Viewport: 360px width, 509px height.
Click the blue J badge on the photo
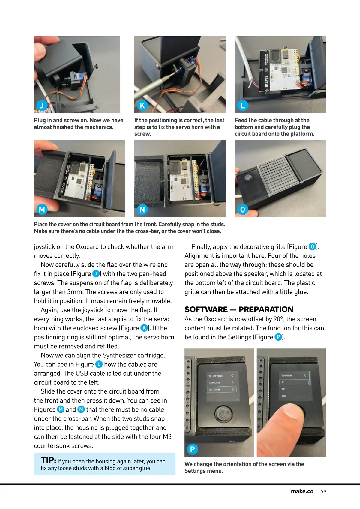pyautogui.click(x=42, y=106)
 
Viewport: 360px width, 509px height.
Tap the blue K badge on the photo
pyautogui.click(x=142, y=106)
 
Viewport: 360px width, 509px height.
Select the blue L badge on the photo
pyautogui.click(x=243, y=106)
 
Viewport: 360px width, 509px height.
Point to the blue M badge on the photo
pyautogui.click(x=42, y=209)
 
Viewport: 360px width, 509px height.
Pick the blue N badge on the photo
pyautogui.click(x=142, y=209)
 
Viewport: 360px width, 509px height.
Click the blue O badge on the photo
pyautogui.click(x=243, y=209)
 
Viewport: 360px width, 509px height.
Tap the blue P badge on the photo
pyautogui.click(x=192, y=449)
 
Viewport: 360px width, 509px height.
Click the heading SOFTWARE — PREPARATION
pyautogui.click(x=239, y=309)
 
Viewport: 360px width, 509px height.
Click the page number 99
pyautogui.click(x=324, y=491)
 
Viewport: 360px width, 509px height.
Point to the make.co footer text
pyautogui.click(x=302, y=491)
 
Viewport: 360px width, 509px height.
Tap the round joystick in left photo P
pyautogui.click(x=223, y=413)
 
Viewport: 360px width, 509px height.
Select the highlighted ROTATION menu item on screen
pyautogui.click(x=221, y=389)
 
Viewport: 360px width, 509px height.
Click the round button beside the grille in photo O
pyautogui.click(x=248, y=177)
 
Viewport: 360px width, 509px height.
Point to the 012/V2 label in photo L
pyautogui.click(x=266, y=82)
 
